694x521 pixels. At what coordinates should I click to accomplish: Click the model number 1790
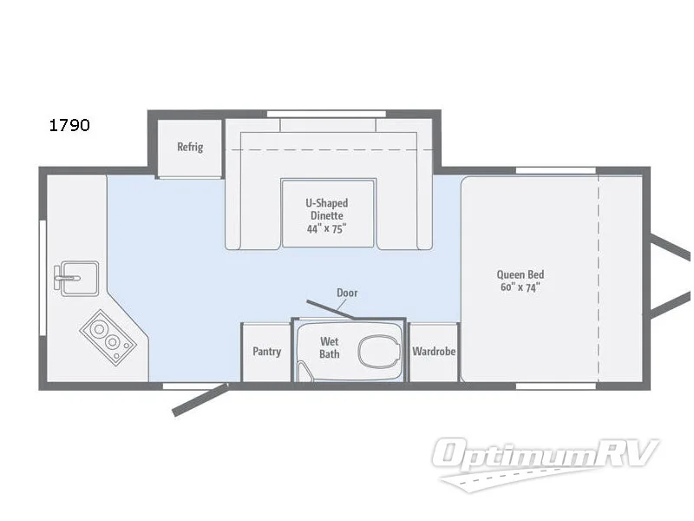[69, 125]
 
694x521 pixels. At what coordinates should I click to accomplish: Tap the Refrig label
[190, 147]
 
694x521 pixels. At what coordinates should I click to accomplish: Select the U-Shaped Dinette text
[326, 209]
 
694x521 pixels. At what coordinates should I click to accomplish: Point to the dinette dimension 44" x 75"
[326, 229]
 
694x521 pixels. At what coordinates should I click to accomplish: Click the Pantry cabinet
[266, 352]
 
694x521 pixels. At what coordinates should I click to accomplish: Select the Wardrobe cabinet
[434, 352]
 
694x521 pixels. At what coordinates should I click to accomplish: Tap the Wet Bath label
[330, 347]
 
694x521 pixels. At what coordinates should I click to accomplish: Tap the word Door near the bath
[347, 293]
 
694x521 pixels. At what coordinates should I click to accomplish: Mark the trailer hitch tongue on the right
[672, 274]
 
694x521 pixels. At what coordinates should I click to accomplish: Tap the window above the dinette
[326, 113]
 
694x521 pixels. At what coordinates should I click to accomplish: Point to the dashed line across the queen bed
[598, 278]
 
